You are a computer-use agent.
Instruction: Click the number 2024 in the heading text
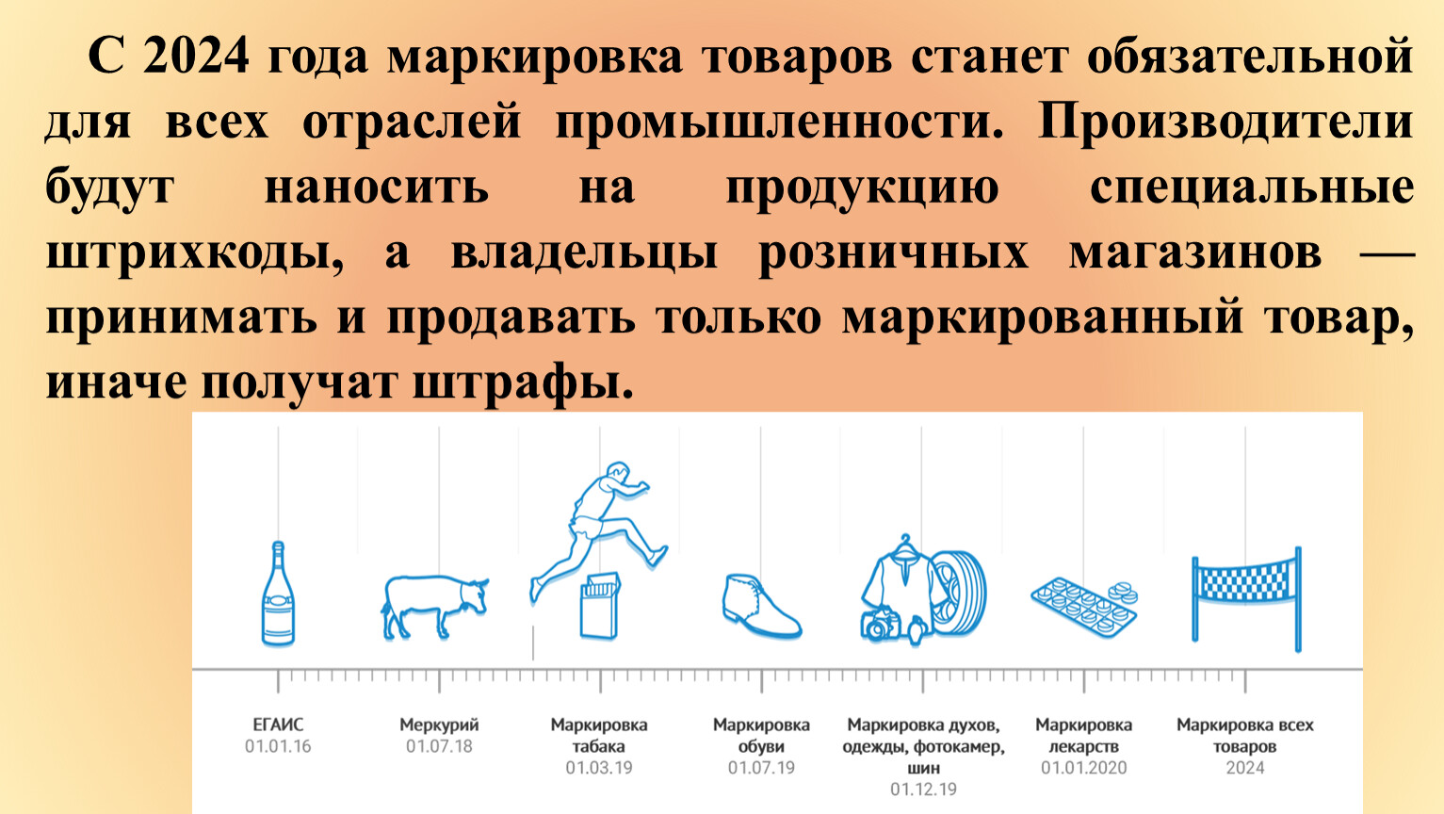pos(195,57)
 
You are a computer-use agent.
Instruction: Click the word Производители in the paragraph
pos(1225,122)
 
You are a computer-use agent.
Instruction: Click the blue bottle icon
pos(278,594)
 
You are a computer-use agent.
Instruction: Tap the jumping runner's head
pos(618,471)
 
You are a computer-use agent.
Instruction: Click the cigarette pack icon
pos(599,607)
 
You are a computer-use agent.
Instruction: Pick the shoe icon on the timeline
pos(761,607)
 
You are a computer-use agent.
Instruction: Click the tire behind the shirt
pos(961,594)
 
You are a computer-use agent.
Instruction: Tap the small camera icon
pos(879,625)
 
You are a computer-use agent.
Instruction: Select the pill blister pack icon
pos(1083,608)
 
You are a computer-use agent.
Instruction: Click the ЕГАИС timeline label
pos(278,725)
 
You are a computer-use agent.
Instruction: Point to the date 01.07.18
pos(439,746)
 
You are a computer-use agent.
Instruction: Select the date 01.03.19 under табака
pos(599,768)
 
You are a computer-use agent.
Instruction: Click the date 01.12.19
pos(923,789)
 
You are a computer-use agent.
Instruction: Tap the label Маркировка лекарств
pos(1083,735)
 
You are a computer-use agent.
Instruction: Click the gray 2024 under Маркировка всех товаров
pos(1245,768)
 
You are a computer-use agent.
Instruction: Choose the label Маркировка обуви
pos(761,735)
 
